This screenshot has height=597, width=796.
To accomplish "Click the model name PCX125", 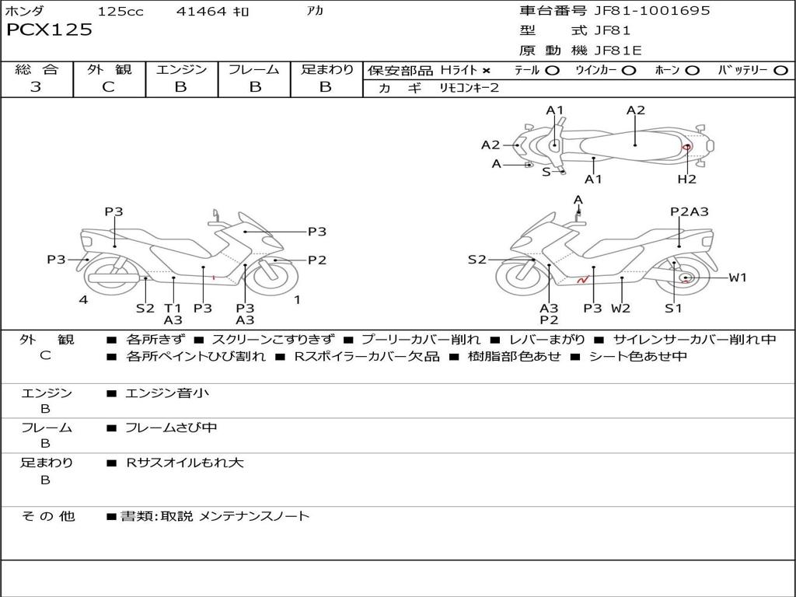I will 49,30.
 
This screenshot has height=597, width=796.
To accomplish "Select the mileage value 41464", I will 201,12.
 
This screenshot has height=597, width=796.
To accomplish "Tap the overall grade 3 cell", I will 36,87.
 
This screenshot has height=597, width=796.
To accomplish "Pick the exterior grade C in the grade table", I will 109,87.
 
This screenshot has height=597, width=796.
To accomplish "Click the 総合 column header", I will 36,69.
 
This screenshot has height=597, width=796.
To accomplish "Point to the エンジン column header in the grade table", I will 181,69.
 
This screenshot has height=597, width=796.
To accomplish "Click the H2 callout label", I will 686,179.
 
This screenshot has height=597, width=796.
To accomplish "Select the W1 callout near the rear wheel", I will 738,278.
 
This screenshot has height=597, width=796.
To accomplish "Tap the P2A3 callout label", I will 690,211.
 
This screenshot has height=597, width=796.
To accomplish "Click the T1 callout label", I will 173,308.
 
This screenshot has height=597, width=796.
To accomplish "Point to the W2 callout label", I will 620,308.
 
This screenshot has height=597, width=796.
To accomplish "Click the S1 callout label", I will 673,308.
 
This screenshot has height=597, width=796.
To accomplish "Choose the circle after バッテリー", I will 780,70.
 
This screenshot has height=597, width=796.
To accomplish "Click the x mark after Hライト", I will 487,70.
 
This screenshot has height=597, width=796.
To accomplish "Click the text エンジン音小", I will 167,393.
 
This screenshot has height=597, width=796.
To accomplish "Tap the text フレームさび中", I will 171,428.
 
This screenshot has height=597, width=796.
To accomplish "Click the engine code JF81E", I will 617,51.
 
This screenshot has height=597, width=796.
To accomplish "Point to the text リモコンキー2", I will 469,88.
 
